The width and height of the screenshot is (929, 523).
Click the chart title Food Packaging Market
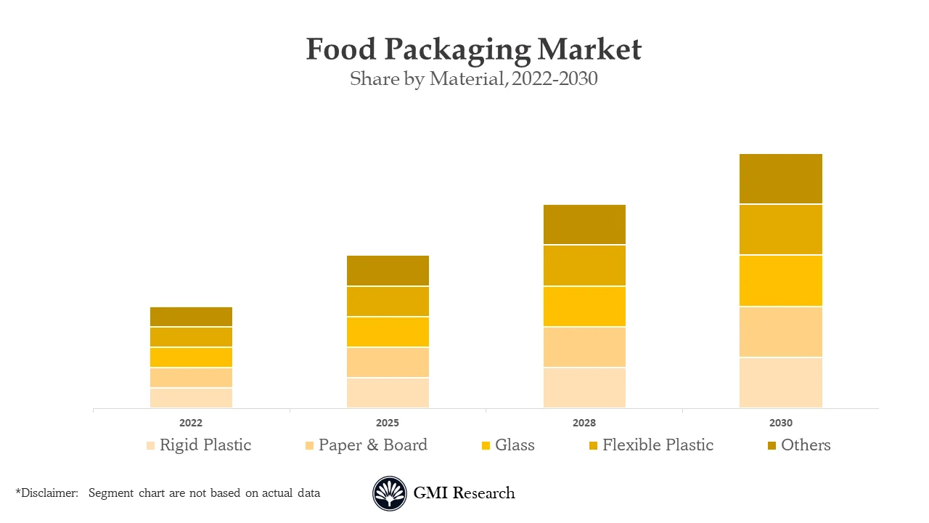[473, 49]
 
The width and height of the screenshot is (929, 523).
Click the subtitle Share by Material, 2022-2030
[473, 78]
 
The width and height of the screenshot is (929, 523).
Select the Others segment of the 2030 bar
[781, 179]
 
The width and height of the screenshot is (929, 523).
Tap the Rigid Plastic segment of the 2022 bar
[191, 398]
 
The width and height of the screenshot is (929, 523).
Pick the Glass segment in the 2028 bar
[584, 307]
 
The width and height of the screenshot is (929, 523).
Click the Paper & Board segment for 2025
[388, 362]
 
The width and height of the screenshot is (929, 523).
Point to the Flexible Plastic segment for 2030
[781, 230]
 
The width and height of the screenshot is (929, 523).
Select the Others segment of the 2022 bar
[191, 317]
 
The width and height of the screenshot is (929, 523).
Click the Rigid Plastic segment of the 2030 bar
[781, 383]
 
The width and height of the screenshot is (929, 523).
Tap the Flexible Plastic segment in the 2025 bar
[388, 301]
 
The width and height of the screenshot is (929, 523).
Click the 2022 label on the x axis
[191, 423]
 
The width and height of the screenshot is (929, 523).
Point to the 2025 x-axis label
[388, 423]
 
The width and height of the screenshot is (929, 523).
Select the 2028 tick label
[584, 423]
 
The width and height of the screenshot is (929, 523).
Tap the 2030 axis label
[781, 423]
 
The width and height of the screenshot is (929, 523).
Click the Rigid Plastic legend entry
[205, 445]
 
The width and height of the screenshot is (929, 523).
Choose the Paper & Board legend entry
[372, 445]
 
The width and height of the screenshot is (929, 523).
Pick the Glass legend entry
[514, 445]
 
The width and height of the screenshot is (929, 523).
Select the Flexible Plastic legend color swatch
[593, 446]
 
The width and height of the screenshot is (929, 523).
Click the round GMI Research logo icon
[390, 494]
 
